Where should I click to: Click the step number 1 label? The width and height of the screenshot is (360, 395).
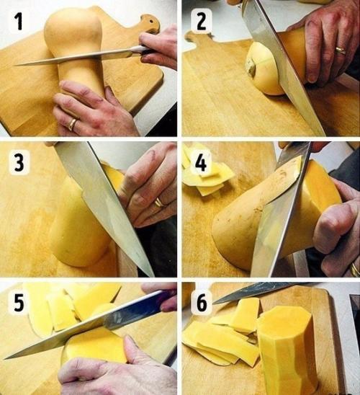(x=18, y=22)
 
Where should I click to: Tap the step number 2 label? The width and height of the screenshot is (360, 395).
(x=202, y=21)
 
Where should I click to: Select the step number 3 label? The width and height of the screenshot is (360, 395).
(x=19, y=162)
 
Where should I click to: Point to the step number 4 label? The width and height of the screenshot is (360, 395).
(x=201, y=163)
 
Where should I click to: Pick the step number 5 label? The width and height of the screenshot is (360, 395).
(x=19, y=302)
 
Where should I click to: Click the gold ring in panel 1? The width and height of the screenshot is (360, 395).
(x=73, y=124)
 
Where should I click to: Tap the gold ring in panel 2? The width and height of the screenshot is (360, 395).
(x=341, y=50)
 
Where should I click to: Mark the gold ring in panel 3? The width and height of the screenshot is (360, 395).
(x=159, y=203)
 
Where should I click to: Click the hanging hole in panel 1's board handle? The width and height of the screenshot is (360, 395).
(x=151, y=22)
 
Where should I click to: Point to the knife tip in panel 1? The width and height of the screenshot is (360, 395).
(x=14, y=66)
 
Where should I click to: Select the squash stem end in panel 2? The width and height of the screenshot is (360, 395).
(x=251, y=68)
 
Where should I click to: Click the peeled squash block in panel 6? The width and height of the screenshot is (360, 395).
(x=287, y=349)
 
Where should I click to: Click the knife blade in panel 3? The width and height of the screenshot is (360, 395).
(x=103, y=207)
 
